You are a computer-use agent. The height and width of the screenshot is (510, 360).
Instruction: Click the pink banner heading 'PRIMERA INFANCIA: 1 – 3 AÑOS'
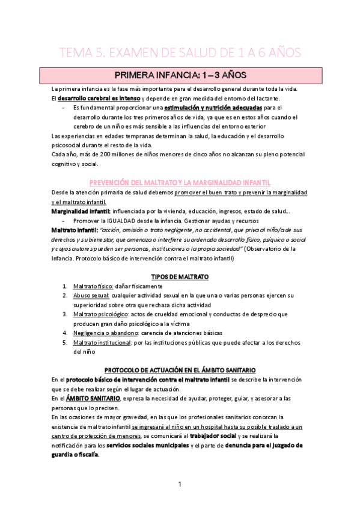(x=180, y=76)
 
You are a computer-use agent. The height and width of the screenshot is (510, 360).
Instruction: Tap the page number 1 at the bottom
(x=180, y=484)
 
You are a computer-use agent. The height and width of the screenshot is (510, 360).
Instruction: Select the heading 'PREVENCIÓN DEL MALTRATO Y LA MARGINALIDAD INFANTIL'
(x=180, y=182)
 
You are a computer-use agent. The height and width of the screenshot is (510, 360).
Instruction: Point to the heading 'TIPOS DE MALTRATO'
(x=180, y=276)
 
